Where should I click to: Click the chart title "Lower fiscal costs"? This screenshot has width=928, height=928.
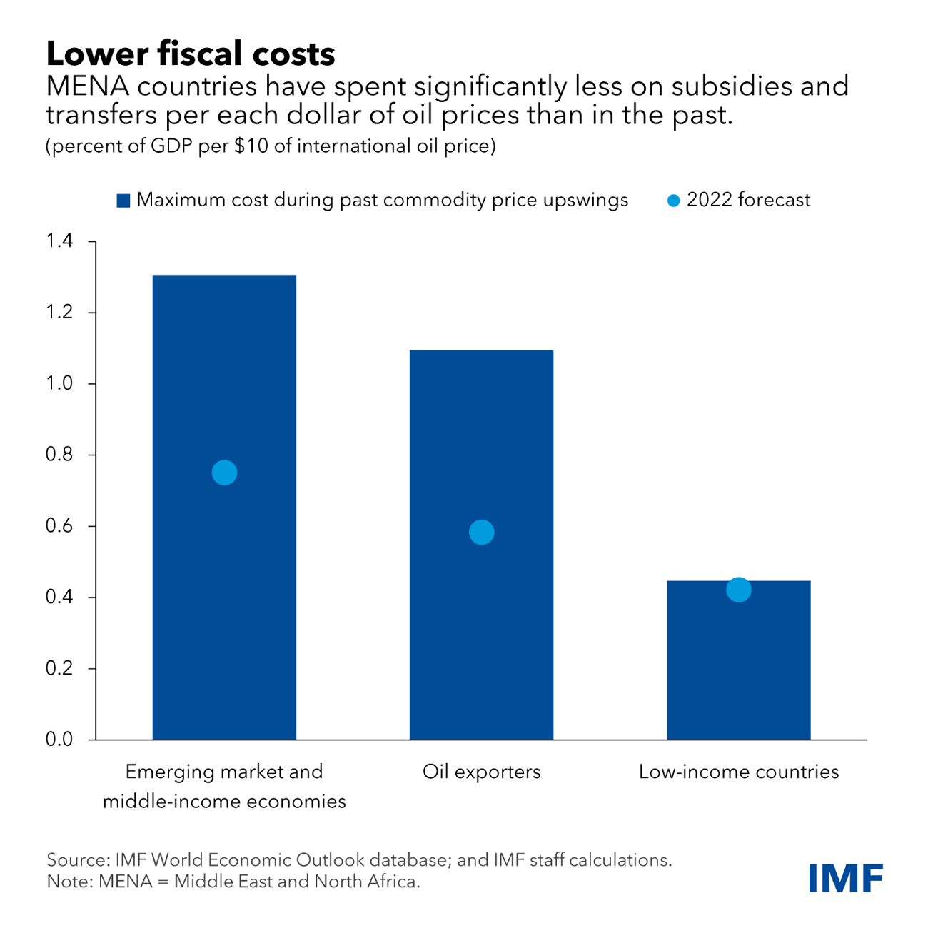191,54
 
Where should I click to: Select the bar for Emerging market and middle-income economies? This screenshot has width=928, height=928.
224,607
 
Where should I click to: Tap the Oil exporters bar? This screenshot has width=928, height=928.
481,642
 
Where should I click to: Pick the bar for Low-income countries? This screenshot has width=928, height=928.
738,671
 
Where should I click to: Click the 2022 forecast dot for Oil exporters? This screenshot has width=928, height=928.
481,532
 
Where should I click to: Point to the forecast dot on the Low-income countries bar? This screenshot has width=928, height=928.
738,590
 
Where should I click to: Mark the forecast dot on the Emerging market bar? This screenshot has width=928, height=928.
224,473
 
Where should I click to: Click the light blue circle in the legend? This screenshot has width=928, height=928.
673,201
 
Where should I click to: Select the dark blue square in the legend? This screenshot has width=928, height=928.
123,201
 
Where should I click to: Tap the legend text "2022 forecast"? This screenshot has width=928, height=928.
748,200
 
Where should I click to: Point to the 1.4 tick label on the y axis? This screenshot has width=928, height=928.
59,241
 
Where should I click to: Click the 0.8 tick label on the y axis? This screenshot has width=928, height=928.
59,455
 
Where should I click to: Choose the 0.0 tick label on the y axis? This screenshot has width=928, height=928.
59,740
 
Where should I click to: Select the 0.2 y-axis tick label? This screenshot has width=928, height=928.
59,668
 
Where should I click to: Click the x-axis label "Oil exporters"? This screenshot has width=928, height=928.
481,772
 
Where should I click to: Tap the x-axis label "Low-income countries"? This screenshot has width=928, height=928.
738,772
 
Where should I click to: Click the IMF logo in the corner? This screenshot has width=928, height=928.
846,877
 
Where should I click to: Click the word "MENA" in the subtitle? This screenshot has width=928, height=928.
86,86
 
